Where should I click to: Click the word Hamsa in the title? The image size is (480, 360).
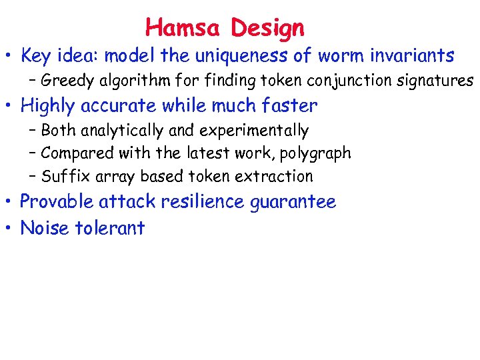(x=184, y=28)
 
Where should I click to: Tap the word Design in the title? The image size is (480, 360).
(x=267, y=29)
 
